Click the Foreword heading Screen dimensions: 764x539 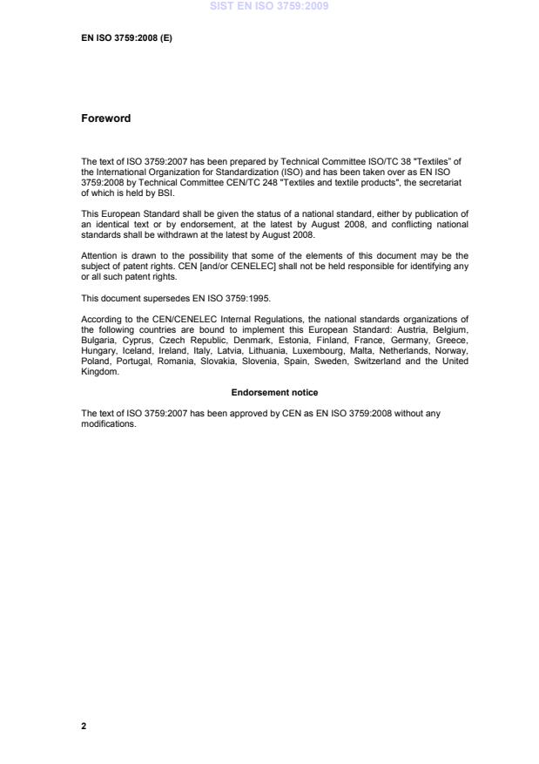click(x=105, y=118)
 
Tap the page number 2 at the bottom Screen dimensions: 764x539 click(x=84, y=725)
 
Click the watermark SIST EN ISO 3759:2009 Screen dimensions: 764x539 click(x=269, y=7)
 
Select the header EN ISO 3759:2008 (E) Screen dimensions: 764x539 click(x=126, y=38)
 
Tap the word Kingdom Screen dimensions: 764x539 click(x=99, y=370)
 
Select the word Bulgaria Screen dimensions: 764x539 click(x=98, y=340)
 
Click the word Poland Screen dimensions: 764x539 click(x=95, y=360)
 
